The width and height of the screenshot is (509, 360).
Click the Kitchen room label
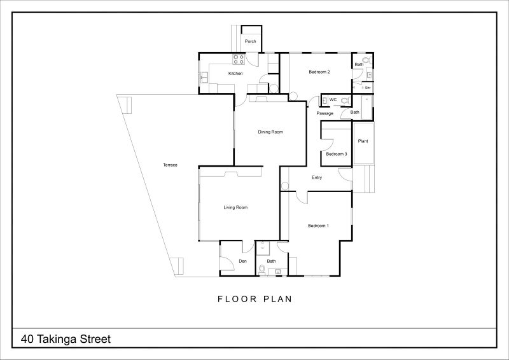(235, 74)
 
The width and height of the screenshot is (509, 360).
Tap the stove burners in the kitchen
(239, 59)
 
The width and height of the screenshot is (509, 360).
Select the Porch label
(250, 41)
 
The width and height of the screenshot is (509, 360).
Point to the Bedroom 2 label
(319, 72)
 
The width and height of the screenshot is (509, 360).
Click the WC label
(333, 100)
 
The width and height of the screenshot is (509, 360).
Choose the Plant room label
(363, 141)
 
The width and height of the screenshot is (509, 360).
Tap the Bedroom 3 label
(337, 154)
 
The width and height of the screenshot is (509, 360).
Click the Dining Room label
(270, 132)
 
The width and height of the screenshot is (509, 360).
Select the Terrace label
(170, 165)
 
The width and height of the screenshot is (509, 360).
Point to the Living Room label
(235, 207)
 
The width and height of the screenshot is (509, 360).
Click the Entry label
(317, 177)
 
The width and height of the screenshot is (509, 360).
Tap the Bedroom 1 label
(319, 226)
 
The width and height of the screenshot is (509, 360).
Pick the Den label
(242, 261)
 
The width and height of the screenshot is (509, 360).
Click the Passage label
(325, 114)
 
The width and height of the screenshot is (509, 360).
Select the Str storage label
(368, 88)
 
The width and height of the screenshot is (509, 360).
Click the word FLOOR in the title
(237, 299)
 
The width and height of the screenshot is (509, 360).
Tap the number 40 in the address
(27, 339)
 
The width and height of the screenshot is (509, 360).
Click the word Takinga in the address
(57, 340)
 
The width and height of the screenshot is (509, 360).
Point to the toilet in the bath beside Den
(261, 269)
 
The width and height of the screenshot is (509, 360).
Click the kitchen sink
(204, 78)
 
